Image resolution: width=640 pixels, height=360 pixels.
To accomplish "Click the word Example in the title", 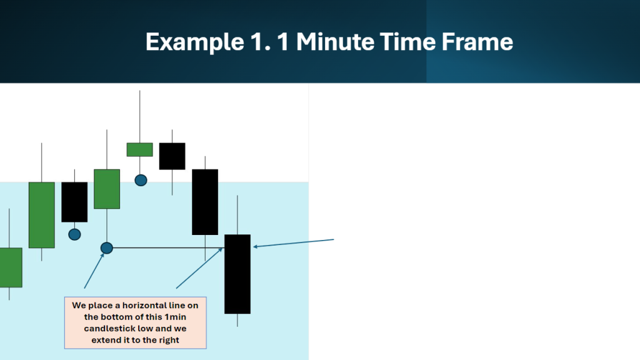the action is pos(195,42).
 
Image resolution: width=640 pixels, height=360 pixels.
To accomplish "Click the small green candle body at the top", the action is pos(139,149).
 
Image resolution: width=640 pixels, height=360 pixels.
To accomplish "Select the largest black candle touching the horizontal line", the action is pos(237,274).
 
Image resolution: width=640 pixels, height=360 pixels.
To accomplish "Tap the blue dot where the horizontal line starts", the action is pos(106,247).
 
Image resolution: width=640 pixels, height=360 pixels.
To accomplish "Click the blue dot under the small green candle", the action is pos(141,180).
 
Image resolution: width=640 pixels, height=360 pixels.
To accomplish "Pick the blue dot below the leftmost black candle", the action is pos(74,234).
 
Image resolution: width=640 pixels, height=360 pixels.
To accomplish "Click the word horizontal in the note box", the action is pos(149,305).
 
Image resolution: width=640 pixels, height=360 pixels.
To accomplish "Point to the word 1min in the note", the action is pos(175,317).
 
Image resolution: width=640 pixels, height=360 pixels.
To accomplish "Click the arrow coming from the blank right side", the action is pos(294,243).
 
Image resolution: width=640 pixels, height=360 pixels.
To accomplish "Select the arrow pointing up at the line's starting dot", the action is pos(94,271).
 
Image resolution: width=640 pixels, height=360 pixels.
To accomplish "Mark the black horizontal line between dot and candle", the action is pos(169,247).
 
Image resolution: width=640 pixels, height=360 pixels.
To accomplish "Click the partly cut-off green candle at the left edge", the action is pos(11,267).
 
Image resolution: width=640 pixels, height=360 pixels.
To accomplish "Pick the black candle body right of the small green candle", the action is pos(172,156).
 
